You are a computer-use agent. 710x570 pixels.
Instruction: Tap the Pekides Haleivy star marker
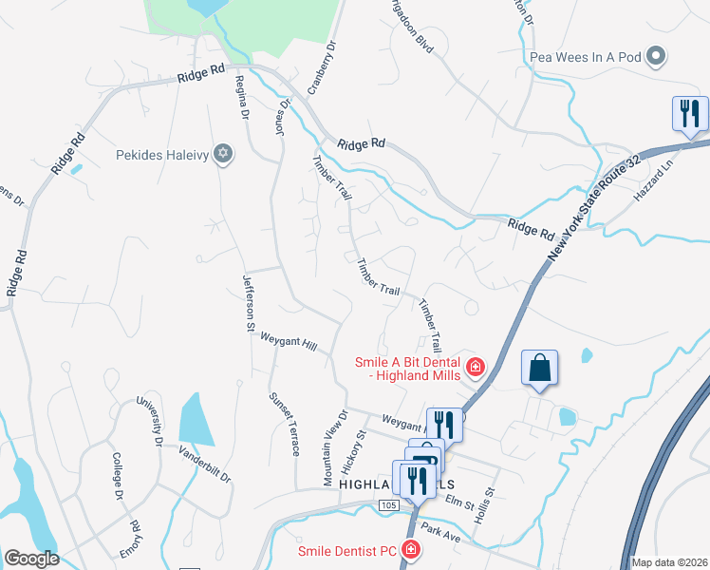pyautogui.click(x=223, y=154)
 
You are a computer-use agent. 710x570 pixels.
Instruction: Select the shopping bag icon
pyautogui.click(x=538, y=368)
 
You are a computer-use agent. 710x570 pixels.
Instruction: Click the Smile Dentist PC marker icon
pyautogui.click(x=410, y=550)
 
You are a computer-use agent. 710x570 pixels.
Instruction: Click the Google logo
pyautogui.click(x=31, y=559)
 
